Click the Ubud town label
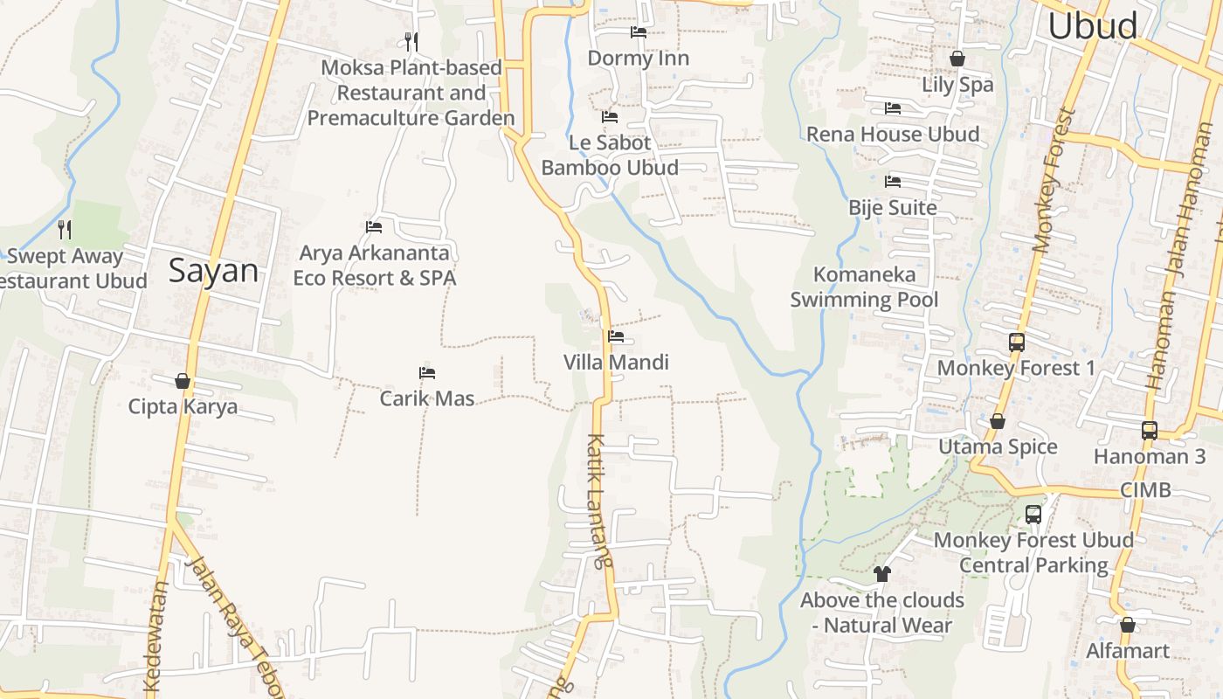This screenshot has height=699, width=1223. click(1092, 26)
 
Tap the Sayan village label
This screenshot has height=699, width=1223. click(213, 271)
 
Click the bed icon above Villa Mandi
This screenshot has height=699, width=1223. click(616, 336)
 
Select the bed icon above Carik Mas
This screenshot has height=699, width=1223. click(427, 373)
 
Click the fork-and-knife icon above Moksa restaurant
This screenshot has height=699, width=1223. click(411, 41)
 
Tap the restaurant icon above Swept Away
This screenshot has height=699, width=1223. click(65, 230)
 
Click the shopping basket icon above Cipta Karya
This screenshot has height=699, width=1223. click(183, 381)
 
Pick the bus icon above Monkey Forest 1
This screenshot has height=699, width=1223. click(1016, 343)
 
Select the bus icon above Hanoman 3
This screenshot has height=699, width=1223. click(1149, 431)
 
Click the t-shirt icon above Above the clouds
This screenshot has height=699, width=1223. click(881, 574)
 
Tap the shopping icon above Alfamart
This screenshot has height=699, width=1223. click(1128, 626)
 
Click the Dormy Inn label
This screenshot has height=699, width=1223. click(638, 59)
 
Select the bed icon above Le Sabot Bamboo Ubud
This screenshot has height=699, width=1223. click(610, 117)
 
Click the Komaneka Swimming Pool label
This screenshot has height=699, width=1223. click(864, 287)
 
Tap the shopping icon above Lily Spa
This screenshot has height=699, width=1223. click(957, 59)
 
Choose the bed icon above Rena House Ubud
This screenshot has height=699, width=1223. click(893, 108)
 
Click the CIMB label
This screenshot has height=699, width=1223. click(1145, 490)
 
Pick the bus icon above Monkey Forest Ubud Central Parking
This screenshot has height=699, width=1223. click(1033, 515)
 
